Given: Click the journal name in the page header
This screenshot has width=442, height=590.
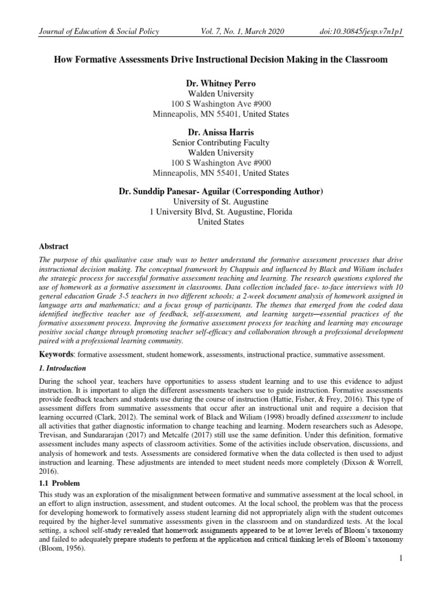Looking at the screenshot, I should pos(98,32).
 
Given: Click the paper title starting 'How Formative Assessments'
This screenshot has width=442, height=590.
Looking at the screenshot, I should pos(221,60).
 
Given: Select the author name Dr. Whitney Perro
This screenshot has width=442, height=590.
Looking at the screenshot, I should pos(221,84).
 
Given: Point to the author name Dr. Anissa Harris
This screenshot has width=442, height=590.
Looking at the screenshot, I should pos(221,132).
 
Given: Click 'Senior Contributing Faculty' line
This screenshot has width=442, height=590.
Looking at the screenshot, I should pos(221,142).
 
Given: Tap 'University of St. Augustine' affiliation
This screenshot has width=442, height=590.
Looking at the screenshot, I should pos(221,202).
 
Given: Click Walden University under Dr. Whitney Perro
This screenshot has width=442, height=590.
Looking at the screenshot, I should pos(221,94).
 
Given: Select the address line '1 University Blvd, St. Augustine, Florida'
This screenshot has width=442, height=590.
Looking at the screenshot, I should pos(221,212).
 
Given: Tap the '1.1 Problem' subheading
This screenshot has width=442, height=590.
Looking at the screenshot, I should pos(60,482).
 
